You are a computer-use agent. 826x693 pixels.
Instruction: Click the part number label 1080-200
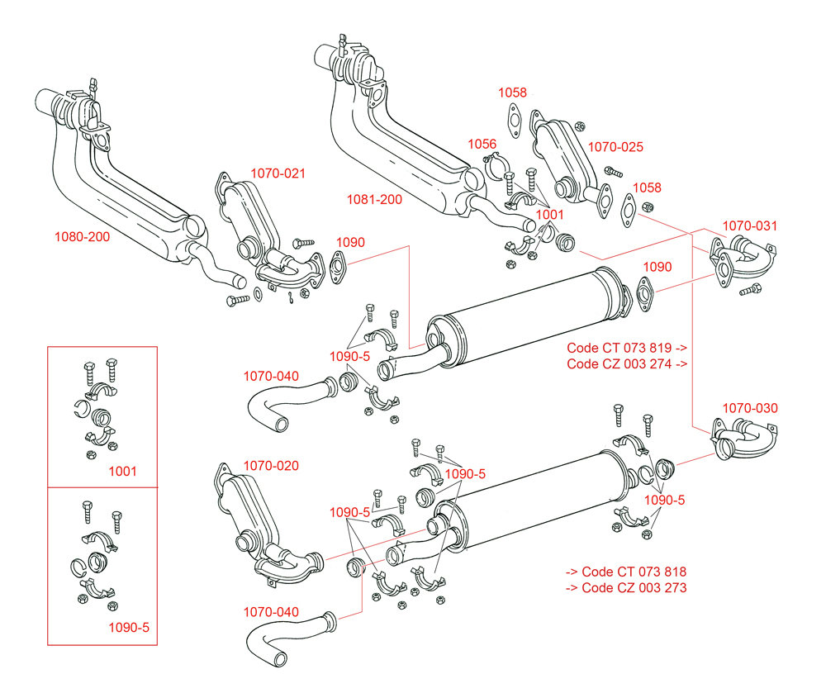pos(82,237)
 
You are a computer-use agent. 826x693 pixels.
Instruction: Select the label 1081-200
pos(374,200)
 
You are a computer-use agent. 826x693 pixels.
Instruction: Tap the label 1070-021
pos(278,173)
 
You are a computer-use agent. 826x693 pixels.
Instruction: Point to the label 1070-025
pos(615,147)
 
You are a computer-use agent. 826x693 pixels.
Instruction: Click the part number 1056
pos(482,144)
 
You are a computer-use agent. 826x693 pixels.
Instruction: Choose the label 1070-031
pos(750,226)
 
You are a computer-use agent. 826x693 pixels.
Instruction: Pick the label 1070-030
pos(750,408)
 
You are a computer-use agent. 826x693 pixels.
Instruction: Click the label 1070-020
pos(271,466)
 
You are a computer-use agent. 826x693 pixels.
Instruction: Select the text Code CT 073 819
pos(619,348)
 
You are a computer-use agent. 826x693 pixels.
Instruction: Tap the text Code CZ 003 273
pos(634,587)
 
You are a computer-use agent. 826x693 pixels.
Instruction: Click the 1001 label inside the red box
pos(122,472)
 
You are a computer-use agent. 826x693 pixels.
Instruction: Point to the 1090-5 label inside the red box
pos(129,627)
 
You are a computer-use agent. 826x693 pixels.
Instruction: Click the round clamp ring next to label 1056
pos(494,165)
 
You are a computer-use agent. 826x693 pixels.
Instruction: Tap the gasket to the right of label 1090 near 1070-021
pos(337,268)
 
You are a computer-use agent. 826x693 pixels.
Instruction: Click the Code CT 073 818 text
pos(634,572)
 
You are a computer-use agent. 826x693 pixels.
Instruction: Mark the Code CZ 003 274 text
pos(619,364)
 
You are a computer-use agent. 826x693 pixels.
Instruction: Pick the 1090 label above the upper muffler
pos(657,267)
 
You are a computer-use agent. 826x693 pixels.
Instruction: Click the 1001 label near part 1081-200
pos(549,214)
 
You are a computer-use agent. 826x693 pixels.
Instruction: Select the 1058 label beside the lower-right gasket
pos(647,188)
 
